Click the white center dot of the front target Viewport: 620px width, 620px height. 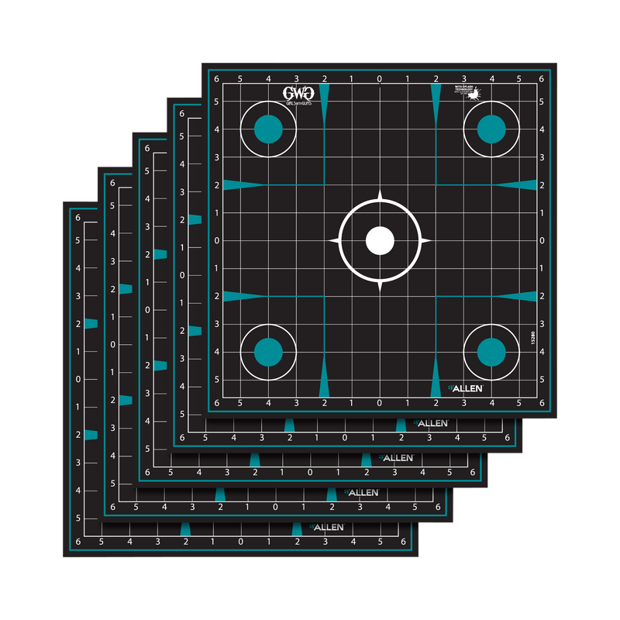pyautogui.click(x=380, y=240)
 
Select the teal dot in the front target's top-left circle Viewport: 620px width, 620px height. pyautogui.click(x=268, y=129)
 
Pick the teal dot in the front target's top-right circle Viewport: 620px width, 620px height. pyautogui.click(x=491, y=129)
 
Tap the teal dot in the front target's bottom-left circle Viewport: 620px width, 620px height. pyautogui.click(x=268, y=352)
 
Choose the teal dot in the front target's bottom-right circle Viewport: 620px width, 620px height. pyautogui.click(x=491, y=352)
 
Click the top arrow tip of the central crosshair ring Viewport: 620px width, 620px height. pyautogui.click(x=380, y=190)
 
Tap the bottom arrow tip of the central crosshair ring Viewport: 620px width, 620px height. pyautogui.click(x=380, y=291)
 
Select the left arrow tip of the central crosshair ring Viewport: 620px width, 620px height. pyautogui.click(x=330, y=240)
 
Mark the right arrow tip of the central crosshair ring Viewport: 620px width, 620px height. pyautogui.click(x=430, y=240)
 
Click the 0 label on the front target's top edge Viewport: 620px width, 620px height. pyautogui.click(x=380, y=79)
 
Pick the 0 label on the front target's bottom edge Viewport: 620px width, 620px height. pyautogui.click(x=380, y=403)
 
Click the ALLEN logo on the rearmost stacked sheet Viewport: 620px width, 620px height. pyautogui.click(x=329, y=528)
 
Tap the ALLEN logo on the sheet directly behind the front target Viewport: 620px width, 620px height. pyautogui.click(x=434, y=423)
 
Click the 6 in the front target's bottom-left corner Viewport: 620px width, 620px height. pyautogui.click(x=217, y=403)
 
